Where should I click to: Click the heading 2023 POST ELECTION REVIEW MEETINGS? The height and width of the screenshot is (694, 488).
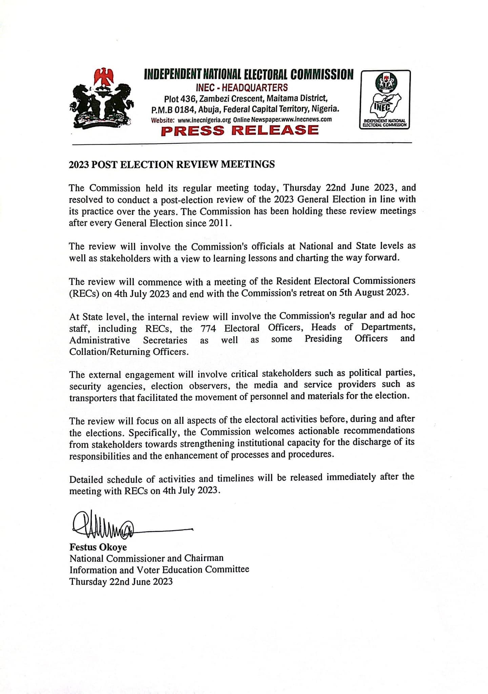click(x=172, y=165)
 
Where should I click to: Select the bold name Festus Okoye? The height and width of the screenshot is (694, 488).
click(x=98, y=547)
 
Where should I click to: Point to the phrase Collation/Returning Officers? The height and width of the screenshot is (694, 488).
click(x=128, y=352)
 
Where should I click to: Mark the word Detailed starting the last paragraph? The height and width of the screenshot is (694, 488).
click(x=87, y=479)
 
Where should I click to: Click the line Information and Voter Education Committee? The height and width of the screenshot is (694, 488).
click(x=159, y=570)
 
